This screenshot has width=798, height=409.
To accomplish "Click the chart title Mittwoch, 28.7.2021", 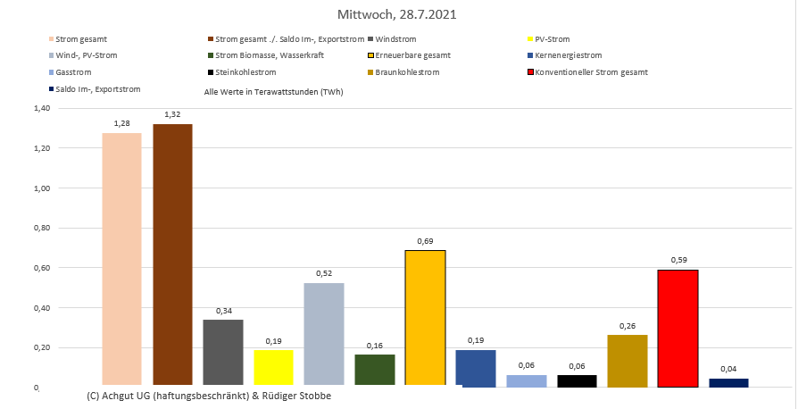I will coord(398,15).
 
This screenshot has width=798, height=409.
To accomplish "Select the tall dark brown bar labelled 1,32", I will coord(172,255).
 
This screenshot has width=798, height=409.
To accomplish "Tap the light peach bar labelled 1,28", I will coord(121,259).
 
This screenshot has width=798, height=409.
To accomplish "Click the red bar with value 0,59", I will coord(677,328).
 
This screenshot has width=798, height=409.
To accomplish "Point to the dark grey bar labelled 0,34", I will coord(223,353).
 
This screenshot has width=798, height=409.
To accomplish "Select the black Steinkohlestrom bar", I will coord(577,380).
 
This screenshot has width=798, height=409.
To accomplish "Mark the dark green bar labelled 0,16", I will coord(374,371).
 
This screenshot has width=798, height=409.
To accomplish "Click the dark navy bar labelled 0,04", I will coord(727,382).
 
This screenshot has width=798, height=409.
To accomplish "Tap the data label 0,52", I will coord(323,273).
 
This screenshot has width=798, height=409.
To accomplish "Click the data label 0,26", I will coord(627,326).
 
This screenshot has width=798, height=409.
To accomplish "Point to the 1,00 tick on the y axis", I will coord(42,188).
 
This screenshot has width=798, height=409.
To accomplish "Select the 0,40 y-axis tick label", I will coord(42,308).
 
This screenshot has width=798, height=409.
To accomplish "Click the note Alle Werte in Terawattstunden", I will coord(274,92).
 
